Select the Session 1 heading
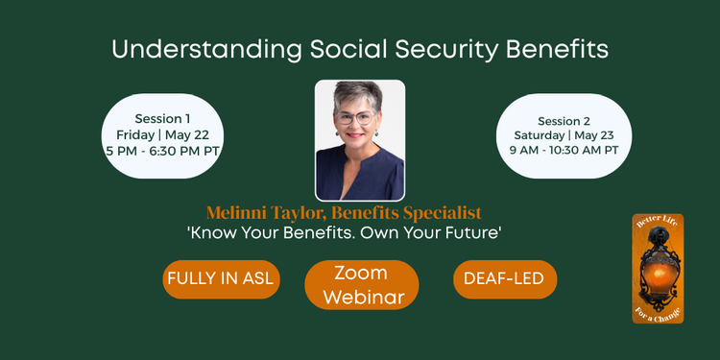162,119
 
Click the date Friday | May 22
162,134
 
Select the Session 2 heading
564,121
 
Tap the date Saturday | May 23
564,135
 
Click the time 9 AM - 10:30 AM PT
564,151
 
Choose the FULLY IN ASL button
220,279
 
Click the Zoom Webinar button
361,285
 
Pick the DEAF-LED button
504,279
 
